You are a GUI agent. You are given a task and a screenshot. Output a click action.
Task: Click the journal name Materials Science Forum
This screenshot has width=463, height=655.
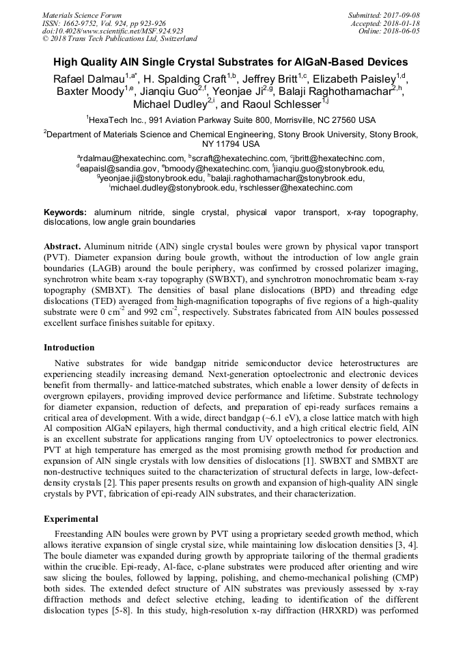pos(82,15)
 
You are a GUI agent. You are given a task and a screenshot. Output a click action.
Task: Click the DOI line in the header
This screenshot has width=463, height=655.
pos(113,31)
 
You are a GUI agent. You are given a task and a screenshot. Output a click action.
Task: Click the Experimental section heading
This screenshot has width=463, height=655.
pos(71,518)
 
